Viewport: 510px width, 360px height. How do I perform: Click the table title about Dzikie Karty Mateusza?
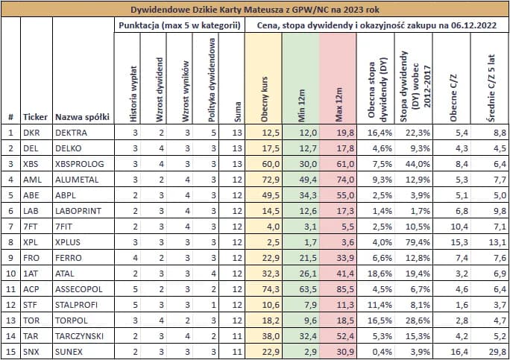point(255,10)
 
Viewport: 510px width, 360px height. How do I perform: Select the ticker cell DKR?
point(31,133)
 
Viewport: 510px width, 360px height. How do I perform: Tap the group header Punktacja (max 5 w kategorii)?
point(180,25)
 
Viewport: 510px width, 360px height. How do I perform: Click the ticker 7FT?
point(31,226)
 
